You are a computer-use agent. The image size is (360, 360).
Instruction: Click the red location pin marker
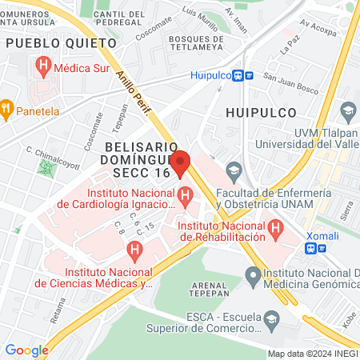pyautogui.click(x=181, y=162)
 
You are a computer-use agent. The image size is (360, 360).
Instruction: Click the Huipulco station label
pyautogui.click(x=210, y=75)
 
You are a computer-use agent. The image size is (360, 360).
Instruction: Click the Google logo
pyautogui.click(x=26, y=350)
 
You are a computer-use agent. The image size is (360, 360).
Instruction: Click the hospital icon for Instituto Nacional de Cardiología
pyautogui.click(x=186, y=194)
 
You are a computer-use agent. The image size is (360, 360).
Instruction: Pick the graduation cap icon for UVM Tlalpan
pyautogui.click(x=348, y=110)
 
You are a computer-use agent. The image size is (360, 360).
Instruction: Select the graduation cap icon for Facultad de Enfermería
pyautogui.click(x=234, y=170)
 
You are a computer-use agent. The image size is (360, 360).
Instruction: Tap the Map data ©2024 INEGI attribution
pyautogui.click(x=312, y=354)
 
